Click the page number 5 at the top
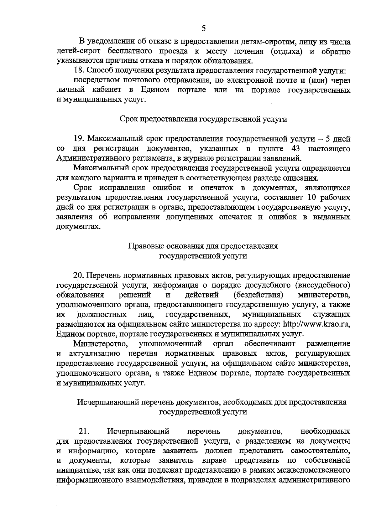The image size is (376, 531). [x=204, y=28]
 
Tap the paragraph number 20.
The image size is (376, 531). [x=79, y=276]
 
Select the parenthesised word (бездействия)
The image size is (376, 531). [x=259, y=295]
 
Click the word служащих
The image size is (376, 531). [x=332, y=314]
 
